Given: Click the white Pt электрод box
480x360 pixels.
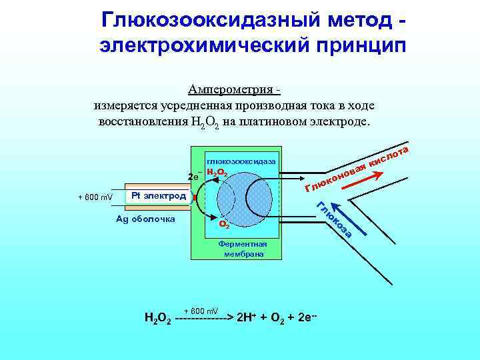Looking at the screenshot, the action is [x=158, y=196].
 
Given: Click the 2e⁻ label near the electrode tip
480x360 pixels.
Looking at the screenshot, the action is [x=195, y=177].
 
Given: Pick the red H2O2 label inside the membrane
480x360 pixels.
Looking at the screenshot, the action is [x=218, y=173].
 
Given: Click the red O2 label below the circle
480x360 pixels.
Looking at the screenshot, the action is [x=225, y=225].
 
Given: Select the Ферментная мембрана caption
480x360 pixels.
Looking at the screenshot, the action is [x=243, y=249].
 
